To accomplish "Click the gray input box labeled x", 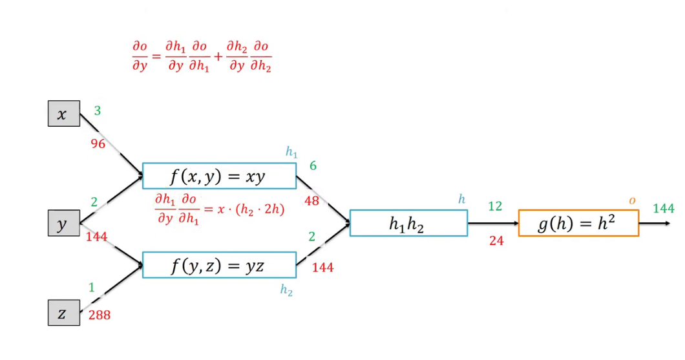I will (x=64, y=114).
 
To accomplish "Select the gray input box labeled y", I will (x=64, y=223).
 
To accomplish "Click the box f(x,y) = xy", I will (x=219, y=176).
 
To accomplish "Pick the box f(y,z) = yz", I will (x=219, y=266).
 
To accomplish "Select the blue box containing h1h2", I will (x=408, y=223).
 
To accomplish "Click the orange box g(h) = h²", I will (x=578, y=223).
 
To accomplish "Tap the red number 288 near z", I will (x=100, y=315).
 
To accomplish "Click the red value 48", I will (x=312, y=201).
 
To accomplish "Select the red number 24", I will (x=496, y=241).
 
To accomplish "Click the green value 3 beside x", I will (x=98, y=111).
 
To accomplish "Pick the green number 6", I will (x=313, y=166).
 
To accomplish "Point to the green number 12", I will (x=495, y=206).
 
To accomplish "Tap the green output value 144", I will (x=664, y=208).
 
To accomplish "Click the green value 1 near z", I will (x=92, y=288).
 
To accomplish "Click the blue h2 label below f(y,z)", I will (x=286, y=291).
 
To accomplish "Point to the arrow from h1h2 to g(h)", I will (x=492, y=224).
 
